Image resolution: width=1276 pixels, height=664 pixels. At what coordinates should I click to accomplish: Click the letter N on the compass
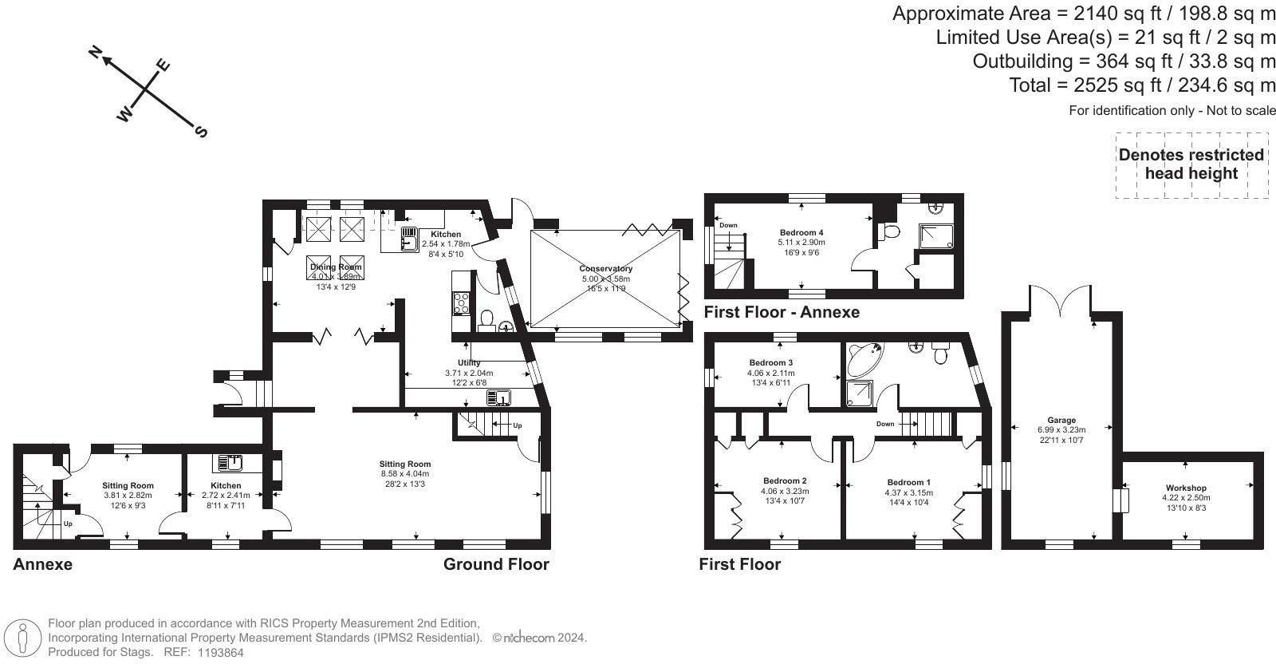point(96,53)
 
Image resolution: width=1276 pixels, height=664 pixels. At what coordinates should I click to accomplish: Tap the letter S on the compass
point(201,132)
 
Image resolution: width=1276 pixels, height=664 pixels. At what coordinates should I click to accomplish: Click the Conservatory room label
point(606,269)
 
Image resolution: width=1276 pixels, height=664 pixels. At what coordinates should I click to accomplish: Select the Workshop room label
point(1186,488)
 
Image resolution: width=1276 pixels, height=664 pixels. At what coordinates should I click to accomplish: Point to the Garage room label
point(1061,420)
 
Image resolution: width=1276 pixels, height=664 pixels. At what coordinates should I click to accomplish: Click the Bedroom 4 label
point(801,232)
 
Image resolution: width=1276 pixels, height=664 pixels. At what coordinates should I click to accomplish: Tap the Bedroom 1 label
point(908,482)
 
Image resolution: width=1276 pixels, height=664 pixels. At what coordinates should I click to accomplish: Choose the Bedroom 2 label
point(785,480)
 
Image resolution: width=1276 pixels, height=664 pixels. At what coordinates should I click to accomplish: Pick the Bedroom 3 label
point(770,362)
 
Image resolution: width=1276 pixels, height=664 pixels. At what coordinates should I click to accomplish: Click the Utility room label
point(469,363)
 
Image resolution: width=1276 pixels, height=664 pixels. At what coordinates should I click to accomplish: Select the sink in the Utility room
point(499,397)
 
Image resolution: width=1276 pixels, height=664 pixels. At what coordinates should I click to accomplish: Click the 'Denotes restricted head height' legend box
point(1191,164)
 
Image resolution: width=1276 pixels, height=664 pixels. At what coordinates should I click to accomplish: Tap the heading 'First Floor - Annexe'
point(782,312)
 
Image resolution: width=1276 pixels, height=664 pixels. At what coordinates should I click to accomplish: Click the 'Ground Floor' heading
point(496,564)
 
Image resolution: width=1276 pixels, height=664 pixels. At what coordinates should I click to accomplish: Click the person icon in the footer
point(23,639)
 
